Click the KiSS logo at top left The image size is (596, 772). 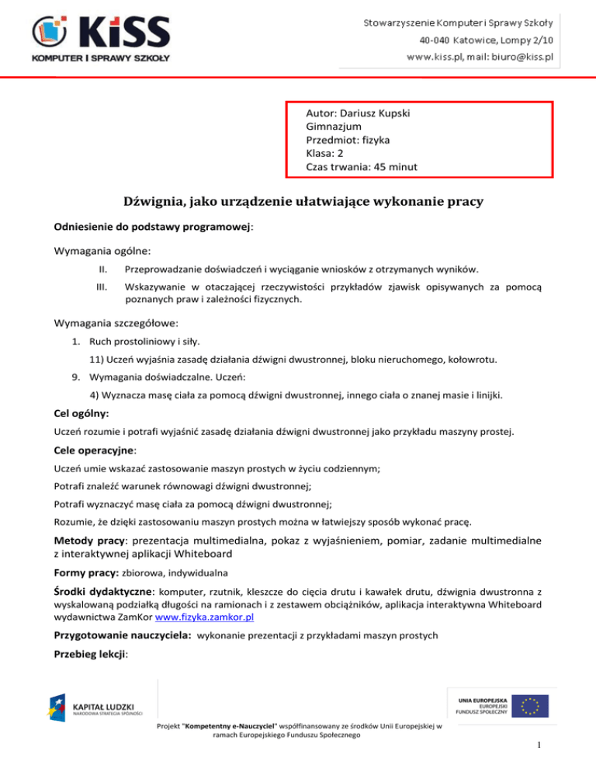click(x=101, y=37)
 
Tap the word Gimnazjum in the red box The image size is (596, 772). click(x=334, y=127)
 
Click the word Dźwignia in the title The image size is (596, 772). click(x=158, y=203)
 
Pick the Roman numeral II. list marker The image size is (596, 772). click(x=102, y=270)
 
